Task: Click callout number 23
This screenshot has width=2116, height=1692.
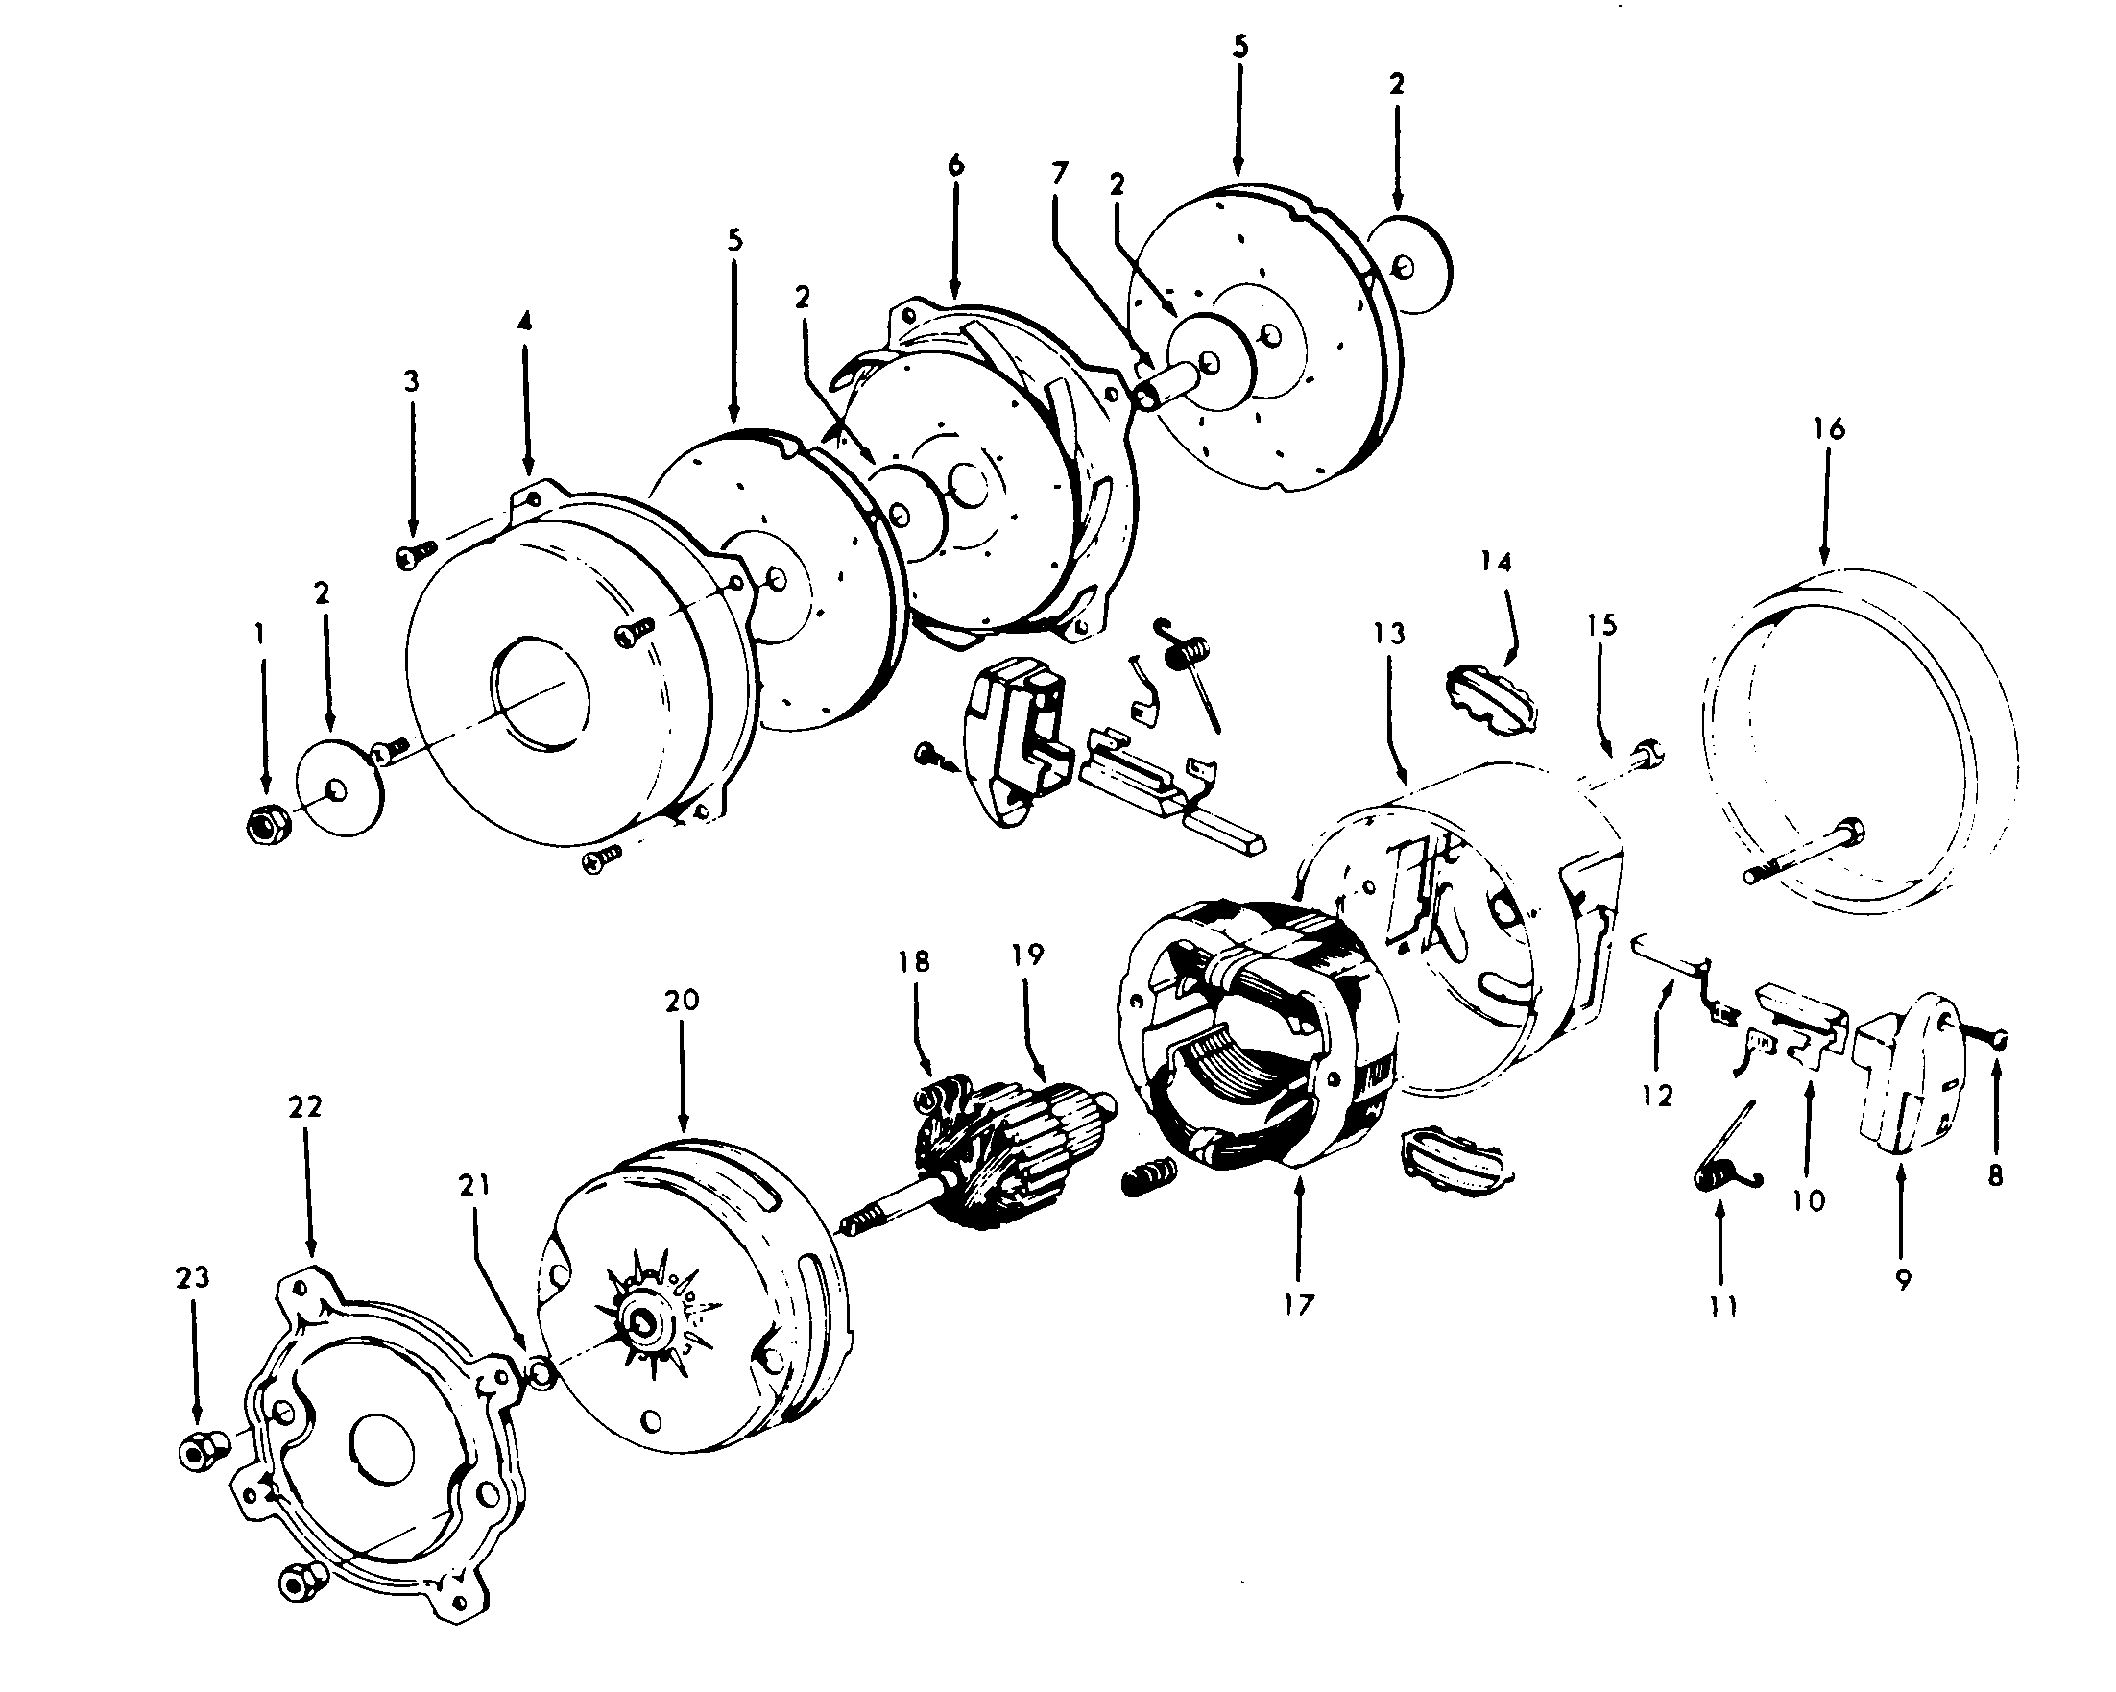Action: pos(192,1277)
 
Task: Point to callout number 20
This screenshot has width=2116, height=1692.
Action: pos(682,1000)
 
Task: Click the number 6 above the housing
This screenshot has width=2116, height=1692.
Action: pos(956,165)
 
